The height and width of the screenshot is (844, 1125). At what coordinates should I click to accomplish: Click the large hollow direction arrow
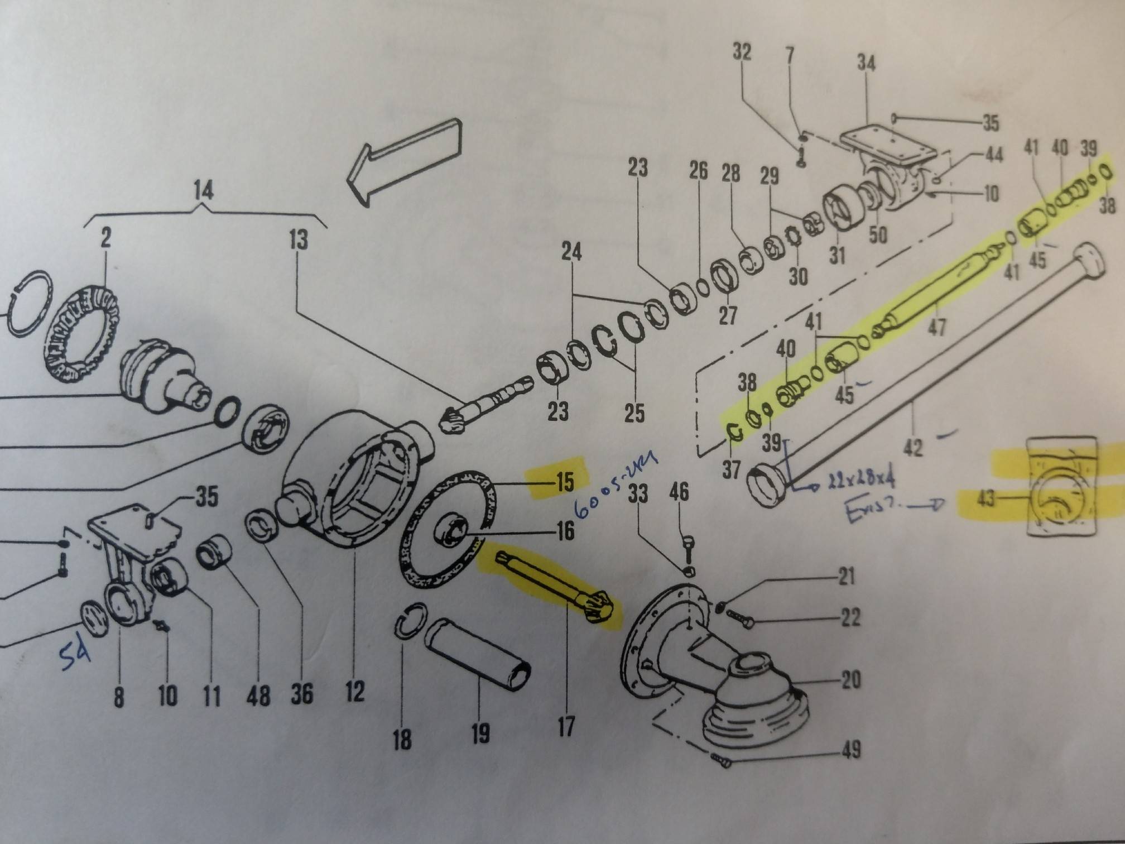(x=405, y=160)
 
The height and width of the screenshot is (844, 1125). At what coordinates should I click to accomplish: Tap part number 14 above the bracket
(x=203, y=191)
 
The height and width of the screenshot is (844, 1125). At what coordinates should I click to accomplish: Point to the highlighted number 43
(x=986, y=498)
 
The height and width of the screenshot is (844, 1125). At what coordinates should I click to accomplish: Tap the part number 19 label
(x=480, y=732)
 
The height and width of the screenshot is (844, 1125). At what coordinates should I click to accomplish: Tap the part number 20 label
(x=850, y=680)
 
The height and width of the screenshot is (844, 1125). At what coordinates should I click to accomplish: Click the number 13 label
(x=299, y=240)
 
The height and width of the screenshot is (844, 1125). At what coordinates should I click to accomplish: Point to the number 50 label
(x=878, y=235)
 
